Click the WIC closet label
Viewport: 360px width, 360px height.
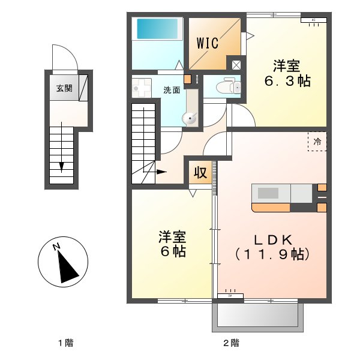click(208, 43)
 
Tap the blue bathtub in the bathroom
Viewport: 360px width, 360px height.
click(159, 28)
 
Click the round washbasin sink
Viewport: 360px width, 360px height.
click(191, 119)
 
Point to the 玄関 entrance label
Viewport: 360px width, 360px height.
click(64, 88)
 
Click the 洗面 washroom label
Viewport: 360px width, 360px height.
click(172, 91)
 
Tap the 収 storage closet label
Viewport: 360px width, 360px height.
click(200, 173)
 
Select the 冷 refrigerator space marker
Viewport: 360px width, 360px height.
click(317, 142)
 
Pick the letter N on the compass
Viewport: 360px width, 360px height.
click(55, 247)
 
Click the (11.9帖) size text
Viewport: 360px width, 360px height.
click(272, 254)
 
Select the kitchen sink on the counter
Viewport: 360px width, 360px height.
click(268, 193)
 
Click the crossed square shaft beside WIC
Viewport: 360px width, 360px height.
click(236, 65)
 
